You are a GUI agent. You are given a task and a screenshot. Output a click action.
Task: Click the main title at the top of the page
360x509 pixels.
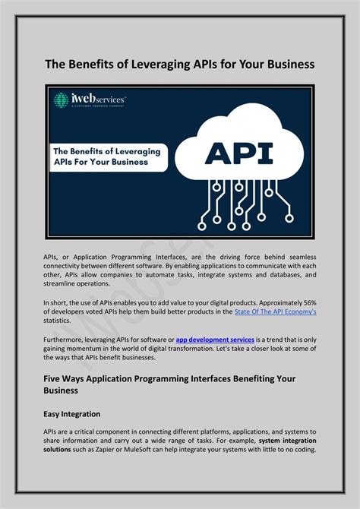pos(179,65)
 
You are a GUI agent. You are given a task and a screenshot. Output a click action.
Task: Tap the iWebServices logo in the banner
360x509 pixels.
pos(89,101)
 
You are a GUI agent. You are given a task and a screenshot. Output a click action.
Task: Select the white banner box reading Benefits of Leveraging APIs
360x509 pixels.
pos(106,156)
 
